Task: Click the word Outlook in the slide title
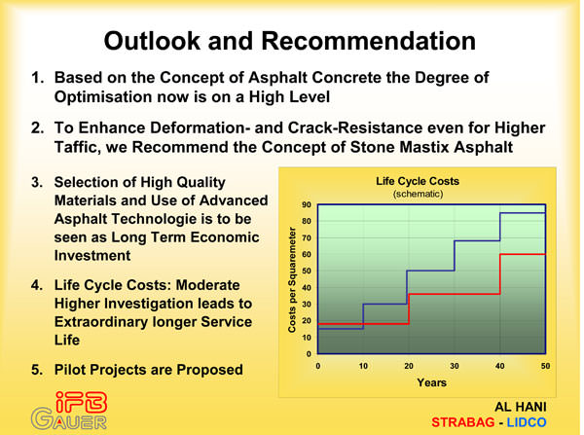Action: [x=152, y=41]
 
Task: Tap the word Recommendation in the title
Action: [x=368, y=41]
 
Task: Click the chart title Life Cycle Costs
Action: [x=418, y=181]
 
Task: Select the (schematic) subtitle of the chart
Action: [x=418, y=194]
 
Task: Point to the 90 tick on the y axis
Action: [x=307, y=204]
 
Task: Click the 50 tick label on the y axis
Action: [x=307, y=271]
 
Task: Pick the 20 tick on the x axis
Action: [x=409, y=366]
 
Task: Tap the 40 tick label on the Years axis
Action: [x=500, y=366]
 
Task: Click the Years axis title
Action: [x=431, y=382]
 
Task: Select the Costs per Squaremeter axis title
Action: [x=292, y=279]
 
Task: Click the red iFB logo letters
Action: [x=81, y=402]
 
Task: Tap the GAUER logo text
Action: [x=69, y=419]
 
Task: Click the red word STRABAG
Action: [x=463, y=422]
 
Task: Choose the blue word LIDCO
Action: [x=527, y=422]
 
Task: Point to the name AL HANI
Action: [x=521, y=407]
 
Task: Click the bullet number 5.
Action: [x=37, y=370]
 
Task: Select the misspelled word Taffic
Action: [x=78, y=148]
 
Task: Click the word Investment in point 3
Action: [x=92, y=256]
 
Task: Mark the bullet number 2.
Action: [x=37, y=127]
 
